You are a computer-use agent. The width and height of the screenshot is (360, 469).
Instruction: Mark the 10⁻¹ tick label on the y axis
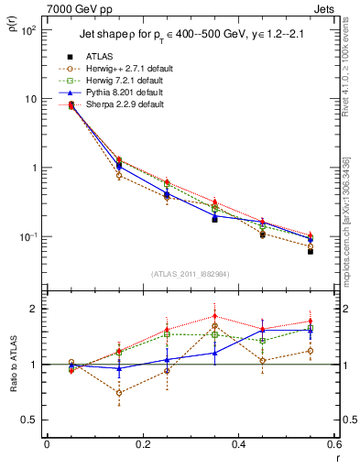click(27, 237)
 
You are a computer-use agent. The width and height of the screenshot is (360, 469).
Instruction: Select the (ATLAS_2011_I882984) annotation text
click(191, 274)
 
